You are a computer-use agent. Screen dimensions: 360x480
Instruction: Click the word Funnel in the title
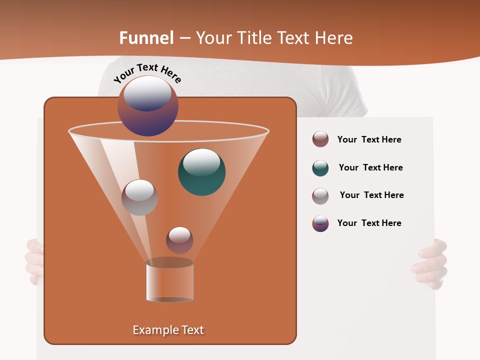click(x=146, y=38)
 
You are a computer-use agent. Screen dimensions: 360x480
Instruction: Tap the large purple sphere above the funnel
click(x=147, y=106)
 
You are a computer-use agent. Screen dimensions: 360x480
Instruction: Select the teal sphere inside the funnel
click(x=201, y=171)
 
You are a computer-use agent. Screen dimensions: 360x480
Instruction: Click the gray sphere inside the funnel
click(x=139, y=197)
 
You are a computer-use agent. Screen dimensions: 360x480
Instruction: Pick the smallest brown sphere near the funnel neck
click(x=179, y=240)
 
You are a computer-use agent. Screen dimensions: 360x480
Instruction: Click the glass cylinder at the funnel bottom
click(x=169, y=281)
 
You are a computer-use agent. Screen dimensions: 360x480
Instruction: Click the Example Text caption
click(x=168, y=330)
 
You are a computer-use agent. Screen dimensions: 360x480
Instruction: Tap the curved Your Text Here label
click(x=147, y=72)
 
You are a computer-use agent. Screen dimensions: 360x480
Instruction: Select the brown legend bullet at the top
click(x=320, y=139)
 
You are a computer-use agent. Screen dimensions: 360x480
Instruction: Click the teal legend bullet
click(x=320, y=168)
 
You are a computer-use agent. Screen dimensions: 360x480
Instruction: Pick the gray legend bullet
click(x=320, y=195)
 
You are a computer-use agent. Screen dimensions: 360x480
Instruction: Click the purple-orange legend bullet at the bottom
click(x=320, y=223)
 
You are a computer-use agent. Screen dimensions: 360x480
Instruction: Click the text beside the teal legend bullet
click(x=370, y=167)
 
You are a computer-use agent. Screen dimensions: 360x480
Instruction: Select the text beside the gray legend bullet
click(x=371, y=195)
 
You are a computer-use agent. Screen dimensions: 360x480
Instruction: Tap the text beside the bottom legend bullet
click(x=369, y=223)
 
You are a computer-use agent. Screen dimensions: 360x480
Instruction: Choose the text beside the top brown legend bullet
click(x=369, y=139)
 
